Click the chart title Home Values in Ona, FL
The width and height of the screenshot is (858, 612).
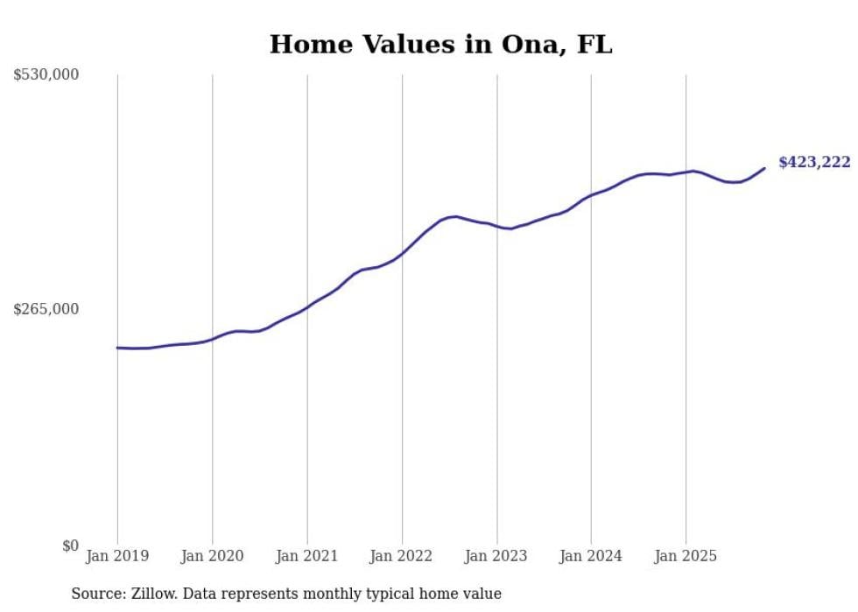tap(440, 45)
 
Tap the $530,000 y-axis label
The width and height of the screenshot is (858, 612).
tap(46, 75)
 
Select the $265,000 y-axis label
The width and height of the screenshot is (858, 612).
tap(46, 309)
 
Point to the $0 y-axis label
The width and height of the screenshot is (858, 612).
tap(70, 545)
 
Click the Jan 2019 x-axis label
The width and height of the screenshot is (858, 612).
tap(117, 556)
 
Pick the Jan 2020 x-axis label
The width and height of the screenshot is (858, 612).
tap(212, 556)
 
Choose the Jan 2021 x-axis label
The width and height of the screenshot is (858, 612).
tap(306, 556)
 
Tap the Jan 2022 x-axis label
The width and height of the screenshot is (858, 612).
tap(402, 556)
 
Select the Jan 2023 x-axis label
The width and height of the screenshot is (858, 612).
tap(496, 556)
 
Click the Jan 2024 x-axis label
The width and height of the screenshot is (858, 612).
tap(591, 556)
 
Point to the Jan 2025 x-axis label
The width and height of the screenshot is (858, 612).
tap(686, 556)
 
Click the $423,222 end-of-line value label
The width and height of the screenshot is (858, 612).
tap(814, 162)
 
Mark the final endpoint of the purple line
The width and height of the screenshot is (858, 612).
tap(764, 168)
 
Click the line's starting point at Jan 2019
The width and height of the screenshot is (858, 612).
tap(117, 348)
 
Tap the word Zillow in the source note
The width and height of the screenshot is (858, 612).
tap(152, 594)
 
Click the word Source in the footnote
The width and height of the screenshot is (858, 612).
tap(95, 594)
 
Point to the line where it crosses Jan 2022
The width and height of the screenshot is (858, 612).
tap(402, 254)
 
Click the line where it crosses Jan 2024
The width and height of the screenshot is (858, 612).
tap(591, 194)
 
